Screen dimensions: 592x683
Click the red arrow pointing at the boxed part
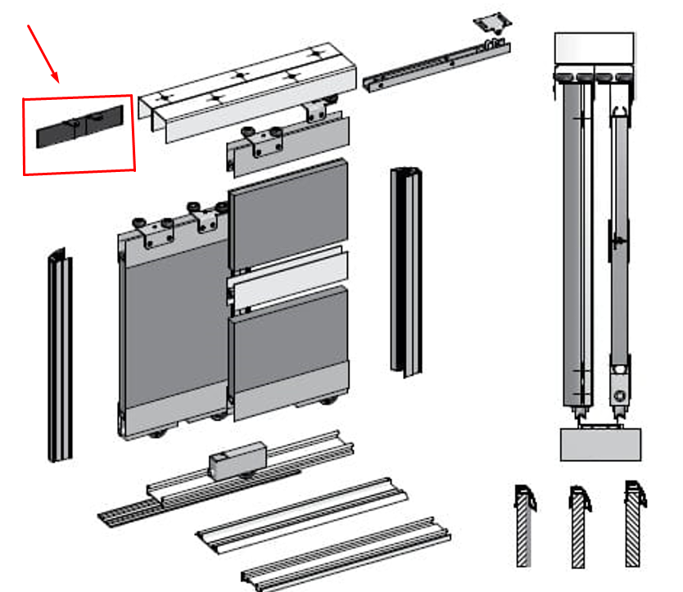click(43, 52)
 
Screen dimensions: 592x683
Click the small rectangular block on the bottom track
click(237, 463)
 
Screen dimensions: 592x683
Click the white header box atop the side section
click(594, 51)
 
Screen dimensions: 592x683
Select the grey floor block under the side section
click(600, 444)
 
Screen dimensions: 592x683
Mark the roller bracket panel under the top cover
click(287, 147)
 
